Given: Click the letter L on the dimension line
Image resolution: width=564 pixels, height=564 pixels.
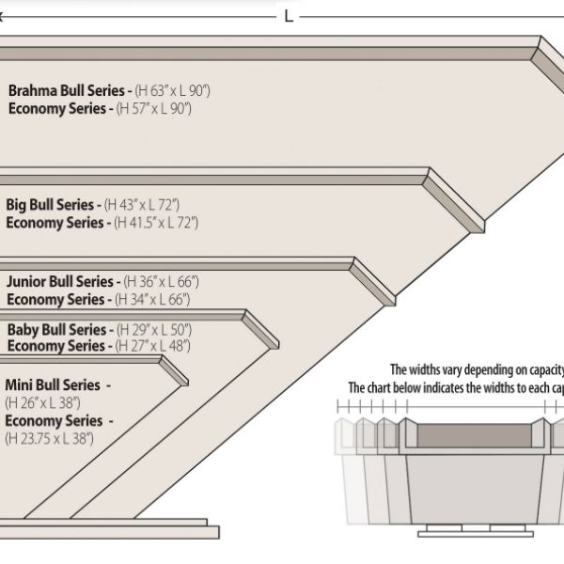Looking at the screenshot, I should click(289, 17).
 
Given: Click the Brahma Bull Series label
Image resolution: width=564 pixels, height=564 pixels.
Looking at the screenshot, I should click(70, 91).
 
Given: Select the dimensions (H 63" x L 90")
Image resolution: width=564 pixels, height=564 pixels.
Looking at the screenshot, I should click(174, 91).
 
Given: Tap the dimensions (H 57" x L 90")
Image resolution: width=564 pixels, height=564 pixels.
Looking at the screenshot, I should click(154, 109).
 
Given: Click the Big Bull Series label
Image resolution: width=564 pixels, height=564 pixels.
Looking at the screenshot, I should click(53, 205).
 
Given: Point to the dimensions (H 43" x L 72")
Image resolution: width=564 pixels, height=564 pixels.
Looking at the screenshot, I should click(143, 205).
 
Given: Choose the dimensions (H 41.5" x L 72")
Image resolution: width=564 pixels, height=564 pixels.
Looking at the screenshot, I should click(156, 223).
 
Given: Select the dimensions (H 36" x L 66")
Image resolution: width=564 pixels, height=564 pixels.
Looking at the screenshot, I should click(163, 281).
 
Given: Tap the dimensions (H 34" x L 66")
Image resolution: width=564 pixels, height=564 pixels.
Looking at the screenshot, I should click(152, 299).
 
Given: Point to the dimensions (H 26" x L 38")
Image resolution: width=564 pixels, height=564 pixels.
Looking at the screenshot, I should click(42, 402).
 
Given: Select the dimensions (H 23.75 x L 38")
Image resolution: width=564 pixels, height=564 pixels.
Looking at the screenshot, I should click(50, 438).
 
